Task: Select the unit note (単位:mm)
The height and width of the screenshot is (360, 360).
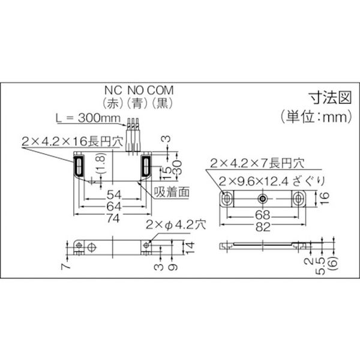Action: [316, 117]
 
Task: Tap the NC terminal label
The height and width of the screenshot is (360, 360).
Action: [113, 90]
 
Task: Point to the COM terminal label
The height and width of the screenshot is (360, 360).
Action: [160, 90]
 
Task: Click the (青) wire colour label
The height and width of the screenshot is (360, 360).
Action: [137, 103]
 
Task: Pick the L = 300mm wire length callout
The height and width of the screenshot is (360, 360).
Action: [88, 118]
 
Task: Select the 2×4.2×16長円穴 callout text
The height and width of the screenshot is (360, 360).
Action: [73, 141]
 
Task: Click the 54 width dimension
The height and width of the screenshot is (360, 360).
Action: [113, 195]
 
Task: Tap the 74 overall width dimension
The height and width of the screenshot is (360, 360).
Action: [113, 218]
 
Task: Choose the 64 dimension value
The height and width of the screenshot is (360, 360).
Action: [113, 206]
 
